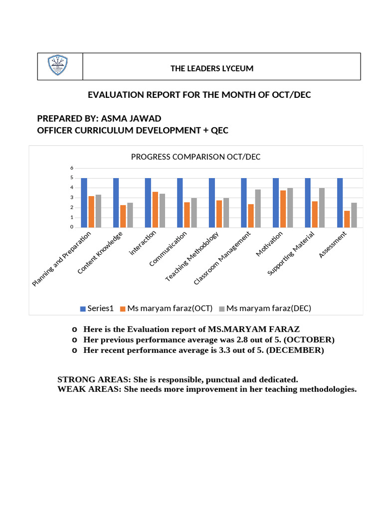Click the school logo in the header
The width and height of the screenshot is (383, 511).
coord(58,66)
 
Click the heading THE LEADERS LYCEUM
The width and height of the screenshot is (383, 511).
coord(212,68)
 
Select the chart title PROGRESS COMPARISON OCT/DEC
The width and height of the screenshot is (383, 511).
coord(195,157)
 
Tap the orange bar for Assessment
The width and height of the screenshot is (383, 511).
coord(347,219)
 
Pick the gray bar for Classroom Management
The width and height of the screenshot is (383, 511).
coord(258,209)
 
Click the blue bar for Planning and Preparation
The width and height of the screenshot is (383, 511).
coord(84,203)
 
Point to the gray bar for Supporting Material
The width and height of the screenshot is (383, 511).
coord(322,208)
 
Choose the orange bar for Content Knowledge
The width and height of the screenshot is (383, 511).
coord(123,216)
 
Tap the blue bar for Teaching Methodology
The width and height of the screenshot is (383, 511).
coord(212,203)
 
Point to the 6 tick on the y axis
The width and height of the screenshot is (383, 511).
coord(71,168)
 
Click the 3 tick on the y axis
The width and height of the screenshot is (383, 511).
coord(71,198)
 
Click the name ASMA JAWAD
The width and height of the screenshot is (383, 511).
coord(131,118)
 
